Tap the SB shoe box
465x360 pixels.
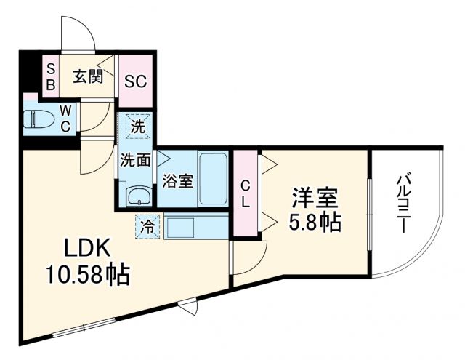pos(51,76)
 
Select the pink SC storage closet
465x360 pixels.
pos(135,80)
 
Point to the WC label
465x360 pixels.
pos(65,119)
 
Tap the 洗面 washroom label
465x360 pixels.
pos(135,159)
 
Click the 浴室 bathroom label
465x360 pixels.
pos(177,180)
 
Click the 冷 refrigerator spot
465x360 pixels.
pos(145,226)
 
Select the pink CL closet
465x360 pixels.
pos(246,193)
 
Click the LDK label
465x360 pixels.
pos(88,249)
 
